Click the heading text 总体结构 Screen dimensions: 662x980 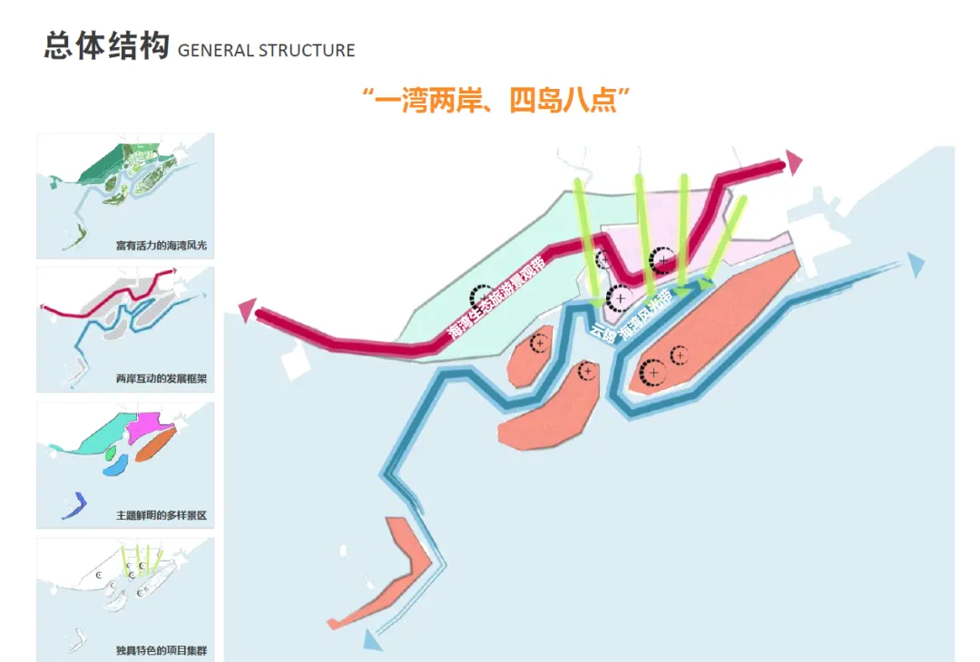105,47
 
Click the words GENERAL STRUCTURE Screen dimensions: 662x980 267,51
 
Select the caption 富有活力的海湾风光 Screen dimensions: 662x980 162,246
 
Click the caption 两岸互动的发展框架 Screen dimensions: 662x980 162,378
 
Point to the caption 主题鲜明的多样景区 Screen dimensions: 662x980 162,515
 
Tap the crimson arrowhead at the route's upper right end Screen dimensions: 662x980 794,163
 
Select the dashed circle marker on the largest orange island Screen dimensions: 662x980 652,372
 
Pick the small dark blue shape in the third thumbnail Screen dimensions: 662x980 73,504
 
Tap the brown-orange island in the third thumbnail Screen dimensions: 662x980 155,444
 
